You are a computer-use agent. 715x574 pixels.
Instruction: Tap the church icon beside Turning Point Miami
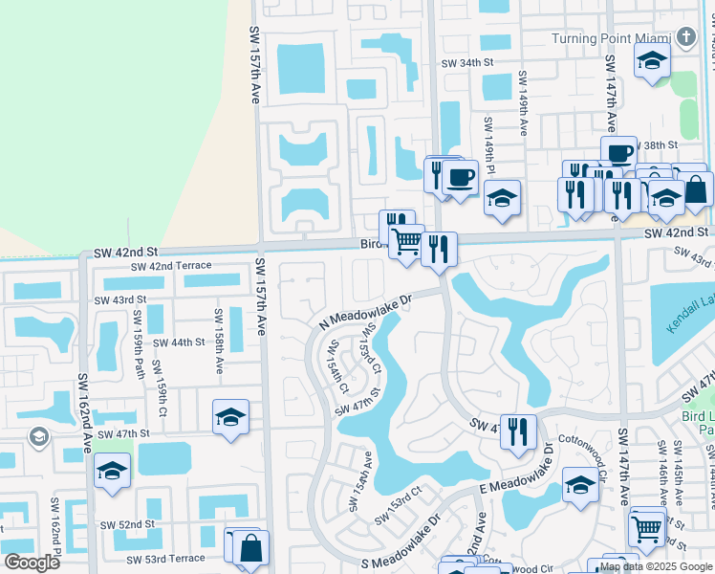pyautogui.click(x=685, y=38)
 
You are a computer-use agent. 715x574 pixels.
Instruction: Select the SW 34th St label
pyautogui.click(x=466, y=63)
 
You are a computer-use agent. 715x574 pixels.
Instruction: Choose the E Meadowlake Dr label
pyautogui.click(x=548, y=473)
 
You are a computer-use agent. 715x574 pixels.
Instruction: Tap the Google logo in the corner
pyautogui.click(x=32, y=562)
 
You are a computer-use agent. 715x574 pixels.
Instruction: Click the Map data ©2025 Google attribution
pyautogui.click(x=655, y=566)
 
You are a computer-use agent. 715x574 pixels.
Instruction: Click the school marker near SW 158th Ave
pyautogui.click(x=230, y=417)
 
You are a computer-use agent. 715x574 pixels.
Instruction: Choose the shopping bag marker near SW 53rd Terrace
pyautogui.click(x=250, y=549)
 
